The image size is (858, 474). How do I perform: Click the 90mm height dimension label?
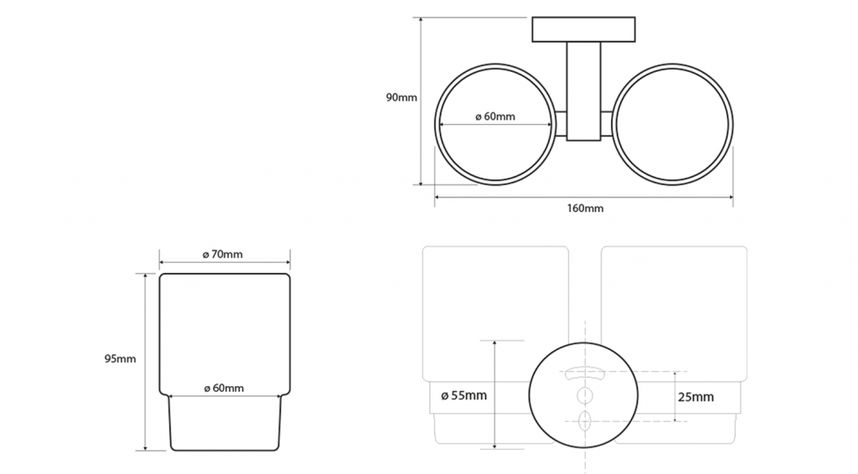[401, 98]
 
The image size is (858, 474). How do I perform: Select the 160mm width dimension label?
[585, 209]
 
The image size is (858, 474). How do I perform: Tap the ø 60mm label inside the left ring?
[495, 116]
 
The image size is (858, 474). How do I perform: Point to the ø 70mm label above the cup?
[223, 255]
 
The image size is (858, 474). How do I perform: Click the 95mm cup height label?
[121, 358]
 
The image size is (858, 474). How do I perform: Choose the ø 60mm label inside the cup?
[224, 389]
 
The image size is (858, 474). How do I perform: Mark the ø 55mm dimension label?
[464, 395]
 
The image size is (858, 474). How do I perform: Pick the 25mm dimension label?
[696, 397]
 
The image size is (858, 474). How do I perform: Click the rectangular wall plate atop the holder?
[584, 29]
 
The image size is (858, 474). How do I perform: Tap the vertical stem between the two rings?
[583, 91]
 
